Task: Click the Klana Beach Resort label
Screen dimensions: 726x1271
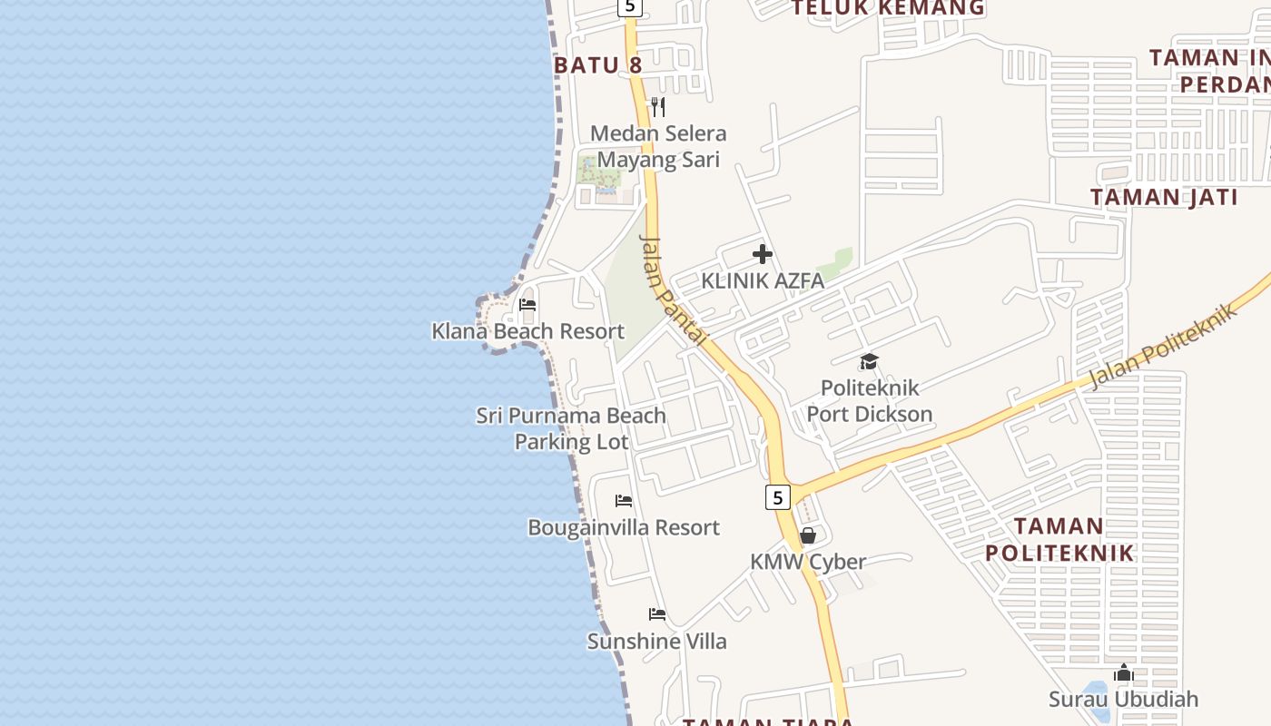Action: click(527, 331)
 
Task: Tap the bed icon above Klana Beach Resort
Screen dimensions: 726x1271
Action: click(527, 305)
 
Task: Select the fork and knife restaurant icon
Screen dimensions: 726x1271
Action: click(658, 107)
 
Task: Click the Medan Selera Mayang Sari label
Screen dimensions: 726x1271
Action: click(658, 147)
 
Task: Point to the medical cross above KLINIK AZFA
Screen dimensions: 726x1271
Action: click(763, 254)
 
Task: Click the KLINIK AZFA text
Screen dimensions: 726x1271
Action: click(763, 281)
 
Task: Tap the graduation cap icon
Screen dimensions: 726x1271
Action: click(869, 362)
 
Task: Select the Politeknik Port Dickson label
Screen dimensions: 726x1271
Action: click(869, 401)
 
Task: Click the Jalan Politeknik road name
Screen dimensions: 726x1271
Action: click(1163, 347)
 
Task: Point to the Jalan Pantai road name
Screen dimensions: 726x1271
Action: click(673, 290)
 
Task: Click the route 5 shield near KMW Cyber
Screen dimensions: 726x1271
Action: click(777, 496)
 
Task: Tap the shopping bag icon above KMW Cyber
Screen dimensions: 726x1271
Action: click(807, 535)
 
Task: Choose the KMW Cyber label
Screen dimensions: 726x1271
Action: click(807, 562)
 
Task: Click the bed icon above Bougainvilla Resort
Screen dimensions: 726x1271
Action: click(624, 501)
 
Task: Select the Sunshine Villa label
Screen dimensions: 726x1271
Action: click(656, 642)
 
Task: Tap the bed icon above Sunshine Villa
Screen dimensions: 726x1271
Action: click(657, 614)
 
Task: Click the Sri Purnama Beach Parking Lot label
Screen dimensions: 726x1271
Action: click(571, 428)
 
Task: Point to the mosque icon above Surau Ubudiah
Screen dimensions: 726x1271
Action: click(1124, 672)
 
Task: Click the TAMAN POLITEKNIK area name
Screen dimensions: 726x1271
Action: click(1059, 539)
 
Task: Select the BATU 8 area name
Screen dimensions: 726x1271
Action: click(597, 65)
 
